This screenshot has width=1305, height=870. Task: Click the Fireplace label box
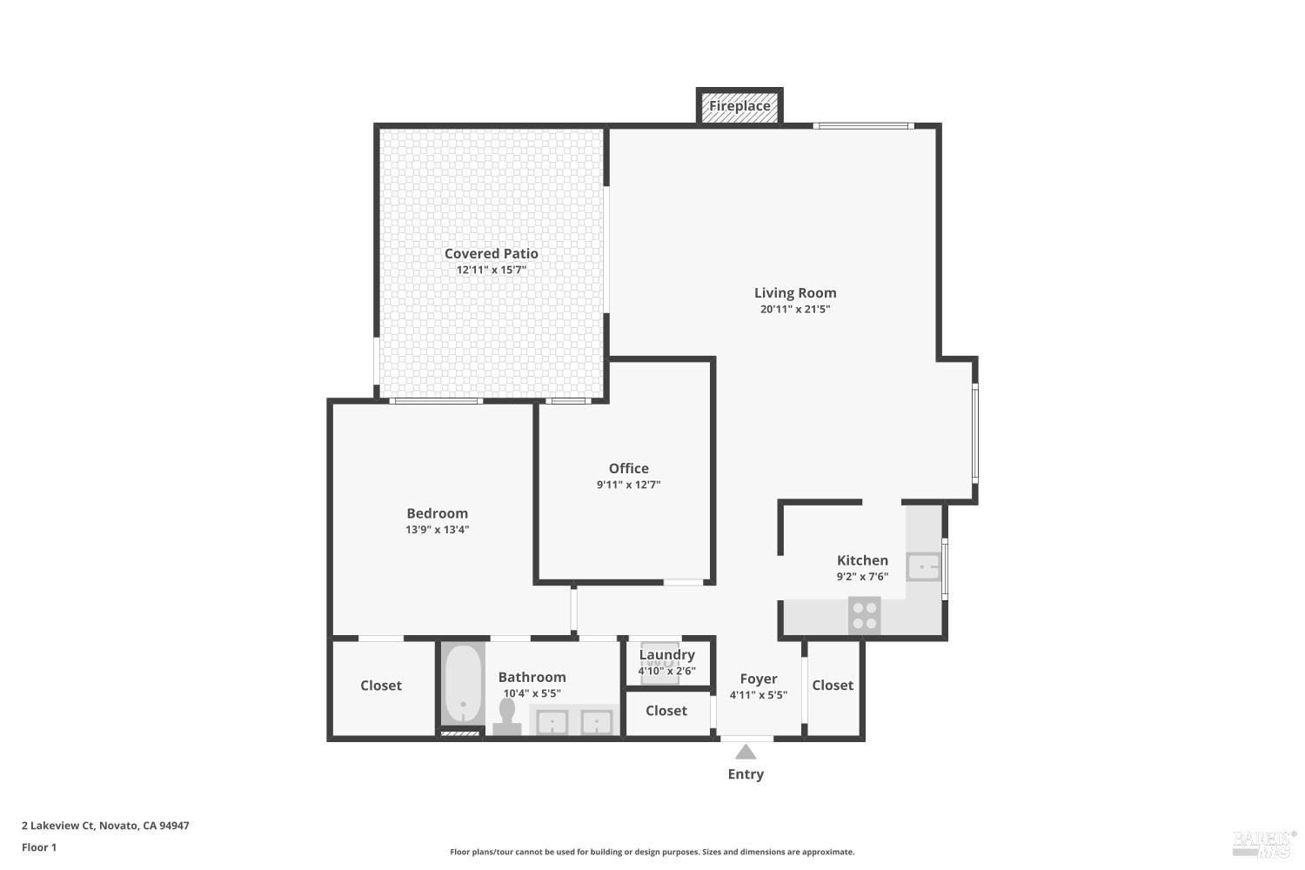click(x=739, y=106)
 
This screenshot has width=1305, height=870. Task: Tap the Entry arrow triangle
click(x=746, y=752)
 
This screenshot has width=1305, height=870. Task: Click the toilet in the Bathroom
click(x=506, y=718)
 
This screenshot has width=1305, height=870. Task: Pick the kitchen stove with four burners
click(x=864, y=615)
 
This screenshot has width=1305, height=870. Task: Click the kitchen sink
click(x=923, y=566)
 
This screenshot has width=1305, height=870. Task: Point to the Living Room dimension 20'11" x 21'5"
click(x=795, y=309)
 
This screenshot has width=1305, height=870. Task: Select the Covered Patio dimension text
click(x=492, y=270)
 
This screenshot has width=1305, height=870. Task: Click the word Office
click(x=628, y=468)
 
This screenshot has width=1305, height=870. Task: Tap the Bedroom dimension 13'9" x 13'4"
click(x=437, y=529)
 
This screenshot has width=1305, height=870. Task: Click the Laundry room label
click(x=666, y=655)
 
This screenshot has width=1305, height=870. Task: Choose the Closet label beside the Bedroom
click(x=381, y=686)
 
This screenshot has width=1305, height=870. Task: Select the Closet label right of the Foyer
click(x=833, y=686)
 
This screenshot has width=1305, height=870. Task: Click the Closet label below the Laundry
click(x=666, y=711)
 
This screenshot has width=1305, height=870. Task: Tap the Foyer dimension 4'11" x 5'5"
click(x=758, y=694)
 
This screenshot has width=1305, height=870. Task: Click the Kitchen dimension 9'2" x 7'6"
click(x=862, y=576)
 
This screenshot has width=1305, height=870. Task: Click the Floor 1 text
click(x=39, y=847)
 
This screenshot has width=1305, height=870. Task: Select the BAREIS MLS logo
click(x=1263, y=841)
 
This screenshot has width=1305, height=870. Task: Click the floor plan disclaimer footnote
click(x=652, y=853)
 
